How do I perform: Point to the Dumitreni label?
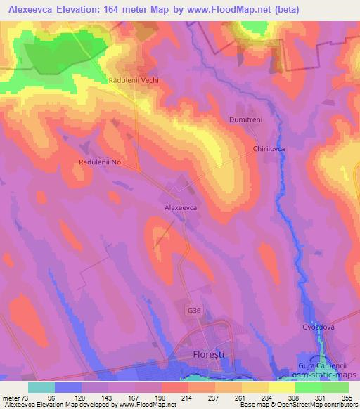(x=245, y=120)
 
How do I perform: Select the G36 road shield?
(x=195, y=310)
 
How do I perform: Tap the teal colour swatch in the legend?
(x=41, y=387)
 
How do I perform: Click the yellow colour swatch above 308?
(x=282, y=387)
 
